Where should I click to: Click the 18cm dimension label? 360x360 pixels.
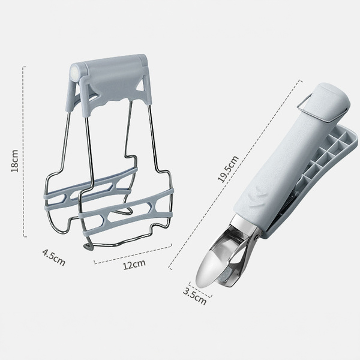(x=14, y=161)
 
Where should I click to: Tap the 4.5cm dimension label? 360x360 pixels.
(x=54, y=257)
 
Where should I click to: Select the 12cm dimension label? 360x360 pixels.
(x=134, y=265)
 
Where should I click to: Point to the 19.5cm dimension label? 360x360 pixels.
(x=228, y=169)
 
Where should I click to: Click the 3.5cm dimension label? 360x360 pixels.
(x=194, y=296)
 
